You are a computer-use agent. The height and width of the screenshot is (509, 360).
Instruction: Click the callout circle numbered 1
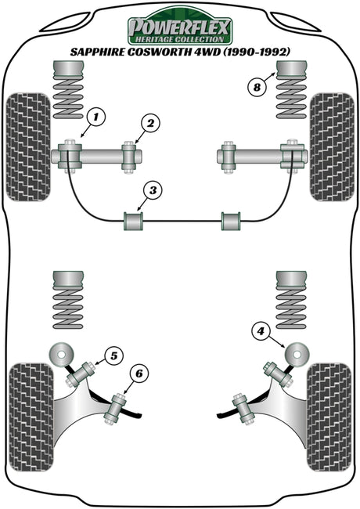pyautogui.click(x=95, y=117)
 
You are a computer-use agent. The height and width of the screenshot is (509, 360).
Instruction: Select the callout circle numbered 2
pyautogui.click(x=151, y=124)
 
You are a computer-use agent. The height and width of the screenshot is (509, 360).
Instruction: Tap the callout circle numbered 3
pyautogui.click(x=153, y=190)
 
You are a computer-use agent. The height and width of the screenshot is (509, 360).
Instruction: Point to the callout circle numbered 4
pyautogui.click(x=261, y=331)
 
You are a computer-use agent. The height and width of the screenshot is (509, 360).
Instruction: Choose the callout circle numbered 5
pyautogui.click(x=113, y=356)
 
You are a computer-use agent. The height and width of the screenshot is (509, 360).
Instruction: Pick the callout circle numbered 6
pyautogui.click(x=139, y=374)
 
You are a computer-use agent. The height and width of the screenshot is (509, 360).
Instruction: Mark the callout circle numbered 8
pyautogui.click(x=257, y=87)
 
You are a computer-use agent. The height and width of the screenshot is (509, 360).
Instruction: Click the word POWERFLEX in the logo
pyautogui.click(x=179, y=27)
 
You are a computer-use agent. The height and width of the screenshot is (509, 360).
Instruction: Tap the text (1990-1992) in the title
pyautogui.click(x=253, y=52)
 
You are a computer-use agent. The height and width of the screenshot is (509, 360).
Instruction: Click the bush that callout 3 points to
pyautogui.click(x=133, y=221)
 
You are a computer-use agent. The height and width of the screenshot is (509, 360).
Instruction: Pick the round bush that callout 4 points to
pyautogui.click(x=297, y=353)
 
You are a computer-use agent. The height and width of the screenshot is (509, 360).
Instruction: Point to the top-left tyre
pyautogui.click(x=28, y=146)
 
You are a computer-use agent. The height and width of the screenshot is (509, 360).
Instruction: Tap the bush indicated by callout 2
pyautogui.click(x=129, y=157)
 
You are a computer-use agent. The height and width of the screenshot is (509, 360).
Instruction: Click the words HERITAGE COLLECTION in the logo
pyautogui.click(x=179, y=40)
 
